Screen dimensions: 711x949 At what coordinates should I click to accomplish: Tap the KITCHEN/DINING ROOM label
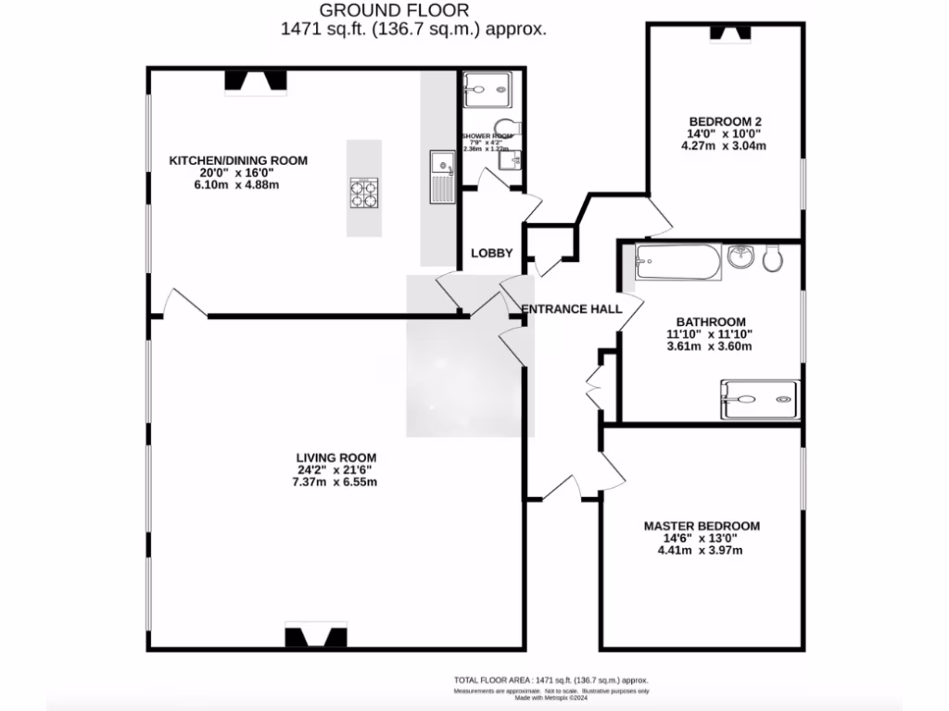(238, 160)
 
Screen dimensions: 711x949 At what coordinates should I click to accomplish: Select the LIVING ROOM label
(335, 457)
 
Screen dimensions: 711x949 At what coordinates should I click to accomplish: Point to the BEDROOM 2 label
(725, 121)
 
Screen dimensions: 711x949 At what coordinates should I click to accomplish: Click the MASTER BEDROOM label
(702, 526)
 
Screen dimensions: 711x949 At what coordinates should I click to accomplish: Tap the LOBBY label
(492, 253)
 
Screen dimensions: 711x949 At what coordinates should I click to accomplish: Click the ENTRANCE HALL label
(571, 309)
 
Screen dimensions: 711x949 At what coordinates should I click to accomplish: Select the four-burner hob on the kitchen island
(364, 194)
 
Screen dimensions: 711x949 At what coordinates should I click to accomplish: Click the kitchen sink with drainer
(440, 178)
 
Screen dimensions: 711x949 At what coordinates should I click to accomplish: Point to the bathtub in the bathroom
(677, 264)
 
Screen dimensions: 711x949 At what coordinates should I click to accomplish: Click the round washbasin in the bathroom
(740, 256)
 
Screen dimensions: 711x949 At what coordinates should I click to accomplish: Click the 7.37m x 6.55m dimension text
(335, 481)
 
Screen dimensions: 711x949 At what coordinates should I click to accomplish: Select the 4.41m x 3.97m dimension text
(702, 550)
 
